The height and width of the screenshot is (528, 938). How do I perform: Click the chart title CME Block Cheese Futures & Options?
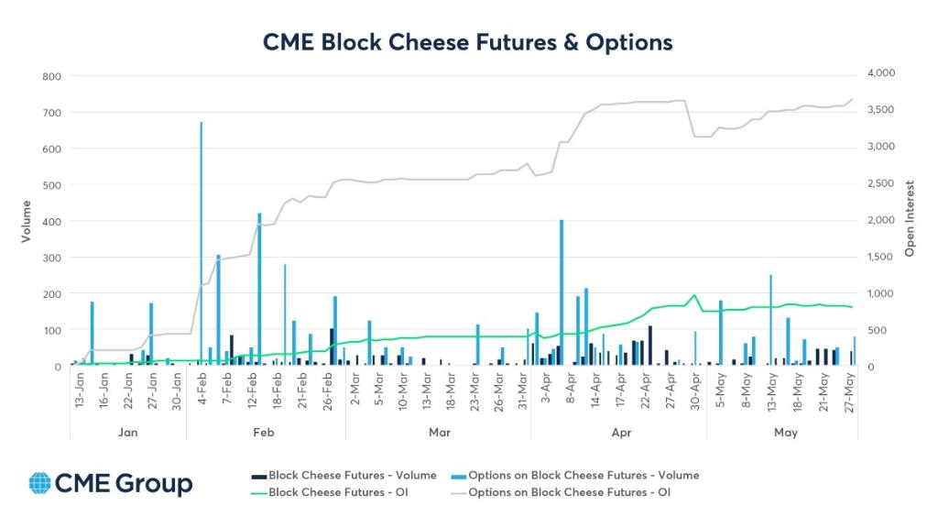click(x=468, y=42)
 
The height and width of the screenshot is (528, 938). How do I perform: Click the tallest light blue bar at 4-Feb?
click(x=201, y=244)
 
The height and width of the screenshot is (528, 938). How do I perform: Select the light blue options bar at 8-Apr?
click(x=562, y=292)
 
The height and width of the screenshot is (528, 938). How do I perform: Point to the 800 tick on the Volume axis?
click(x=51, y=76)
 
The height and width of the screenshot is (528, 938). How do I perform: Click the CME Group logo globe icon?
click(x=40, y=483)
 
